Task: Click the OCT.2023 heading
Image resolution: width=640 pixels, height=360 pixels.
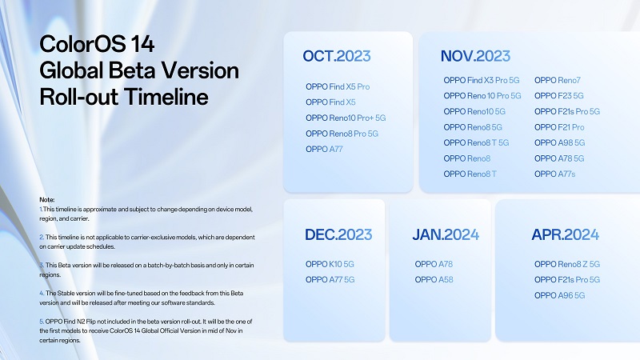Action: (337, 56)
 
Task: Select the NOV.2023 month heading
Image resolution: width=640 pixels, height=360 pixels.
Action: (475, 56)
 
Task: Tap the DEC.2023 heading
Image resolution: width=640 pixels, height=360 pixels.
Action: (338, 234)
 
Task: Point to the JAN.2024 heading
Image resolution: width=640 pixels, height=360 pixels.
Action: (446, 234)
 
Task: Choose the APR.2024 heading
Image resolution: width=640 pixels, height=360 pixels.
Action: (566, 234)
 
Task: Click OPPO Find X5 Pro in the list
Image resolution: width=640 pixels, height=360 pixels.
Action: (338, 86)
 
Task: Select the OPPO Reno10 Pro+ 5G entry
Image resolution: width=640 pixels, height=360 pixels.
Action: (346, 118)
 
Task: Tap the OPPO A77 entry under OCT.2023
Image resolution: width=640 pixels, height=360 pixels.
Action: (324, 150)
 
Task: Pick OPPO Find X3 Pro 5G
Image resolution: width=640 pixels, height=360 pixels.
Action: (482, 81)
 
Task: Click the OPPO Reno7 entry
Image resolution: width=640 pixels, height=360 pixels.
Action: (558, 81)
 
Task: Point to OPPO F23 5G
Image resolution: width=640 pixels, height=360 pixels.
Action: (559, 96)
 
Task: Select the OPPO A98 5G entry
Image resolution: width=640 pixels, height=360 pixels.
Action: (559, 143)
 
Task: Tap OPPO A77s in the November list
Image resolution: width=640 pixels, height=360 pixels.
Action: (555, 174)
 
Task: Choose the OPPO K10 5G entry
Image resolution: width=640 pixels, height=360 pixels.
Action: (330, 265)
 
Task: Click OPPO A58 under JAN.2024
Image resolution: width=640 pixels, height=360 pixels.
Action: (434, 280)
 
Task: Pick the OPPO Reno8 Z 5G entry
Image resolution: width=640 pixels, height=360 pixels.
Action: (567, 265)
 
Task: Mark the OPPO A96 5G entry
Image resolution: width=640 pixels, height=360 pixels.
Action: (559, 295)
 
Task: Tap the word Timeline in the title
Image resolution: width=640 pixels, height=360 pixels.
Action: (166, 97)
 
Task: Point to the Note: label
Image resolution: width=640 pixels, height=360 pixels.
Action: (47, 199)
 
